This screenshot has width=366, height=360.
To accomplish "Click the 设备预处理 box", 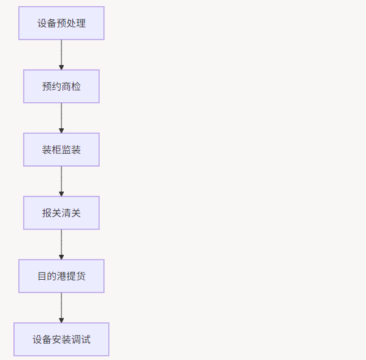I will [x=61, y=23].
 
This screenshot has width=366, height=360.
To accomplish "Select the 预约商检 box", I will [x=61, y=86].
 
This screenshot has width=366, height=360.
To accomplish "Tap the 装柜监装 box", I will [x=61, y=150].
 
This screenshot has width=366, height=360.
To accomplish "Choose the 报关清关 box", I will [x=61, y=213].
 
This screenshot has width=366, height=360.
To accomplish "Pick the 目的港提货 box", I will [x=61, y=276].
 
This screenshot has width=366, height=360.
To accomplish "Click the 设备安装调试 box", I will [x=61, y=339].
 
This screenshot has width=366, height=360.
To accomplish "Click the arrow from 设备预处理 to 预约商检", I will [x=61, y=54].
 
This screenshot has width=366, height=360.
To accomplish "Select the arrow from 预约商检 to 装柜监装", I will [x=61, y=117].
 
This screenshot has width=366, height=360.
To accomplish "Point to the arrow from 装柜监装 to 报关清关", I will [x=61, y=180].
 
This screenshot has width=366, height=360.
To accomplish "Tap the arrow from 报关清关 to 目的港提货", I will [x=61, y=243].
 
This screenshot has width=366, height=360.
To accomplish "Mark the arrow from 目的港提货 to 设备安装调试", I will [x=61, y=306].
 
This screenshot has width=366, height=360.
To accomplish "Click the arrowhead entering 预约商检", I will [x=61, y=67].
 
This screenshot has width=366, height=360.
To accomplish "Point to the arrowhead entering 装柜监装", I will [x=61, y=130].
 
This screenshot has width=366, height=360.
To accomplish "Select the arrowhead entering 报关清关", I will [x=61, y=193].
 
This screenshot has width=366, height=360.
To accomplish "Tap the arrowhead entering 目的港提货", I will [x=61, y=257].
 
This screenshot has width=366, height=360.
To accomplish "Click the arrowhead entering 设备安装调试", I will [x=61, y=320].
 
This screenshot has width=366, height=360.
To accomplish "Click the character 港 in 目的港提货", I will [x=61, y=276].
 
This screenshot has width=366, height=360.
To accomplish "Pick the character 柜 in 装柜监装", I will [x=57, y=150].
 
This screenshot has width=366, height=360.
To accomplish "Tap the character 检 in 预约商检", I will [x=76, y=86].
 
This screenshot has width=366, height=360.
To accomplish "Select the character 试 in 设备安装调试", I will [x=86, y=339].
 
